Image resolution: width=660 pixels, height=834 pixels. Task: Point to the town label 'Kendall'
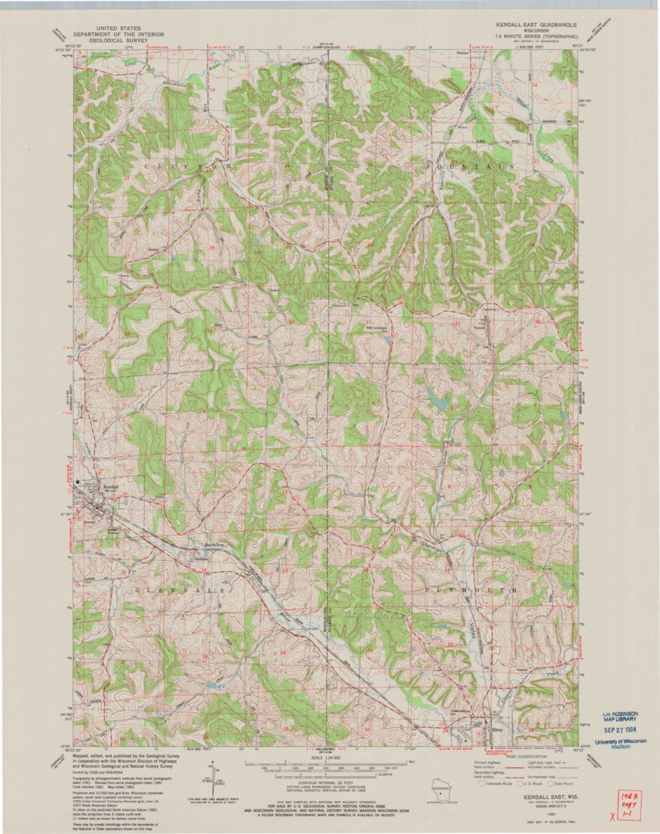pos(110,486)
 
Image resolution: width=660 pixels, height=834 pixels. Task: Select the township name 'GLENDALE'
pos(175,591)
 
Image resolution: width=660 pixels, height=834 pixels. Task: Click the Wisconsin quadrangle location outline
pos(435,787)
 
